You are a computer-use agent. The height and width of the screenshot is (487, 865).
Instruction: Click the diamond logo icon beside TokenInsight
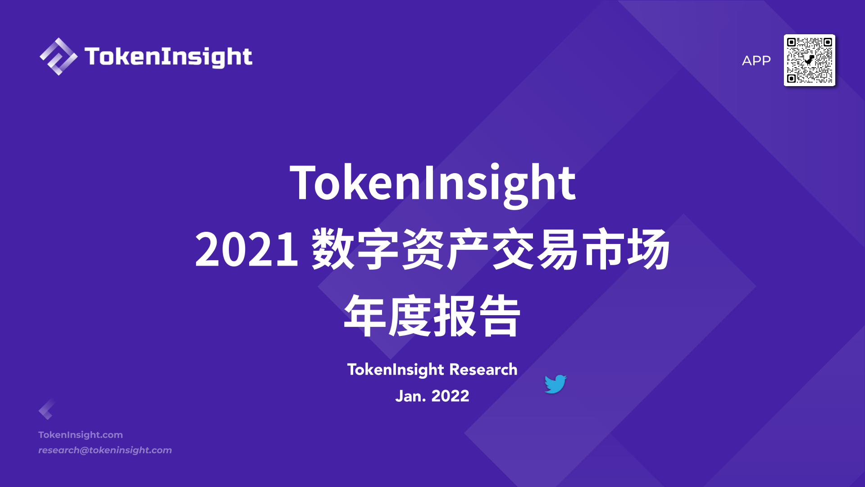coord(59,56)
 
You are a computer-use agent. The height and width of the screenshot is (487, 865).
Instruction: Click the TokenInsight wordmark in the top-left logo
coord(168,57)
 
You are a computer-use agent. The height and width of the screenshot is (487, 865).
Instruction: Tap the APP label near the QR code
coord(756,60)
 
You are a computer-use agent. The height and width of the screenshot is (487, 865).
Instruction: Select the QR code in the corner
coord(810,60)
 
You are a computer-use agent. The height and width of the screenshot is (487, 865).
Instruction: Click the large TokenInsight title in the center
coord(432,183)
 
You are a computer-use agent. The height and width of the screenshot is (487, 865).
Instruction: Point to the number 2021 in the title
coord(246,249)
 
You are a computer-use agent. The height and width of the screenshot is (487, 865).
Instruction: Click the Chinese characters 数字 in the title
coord(355,249)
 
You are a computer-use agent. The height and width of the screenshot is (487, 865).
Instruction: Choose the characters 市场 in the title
coord(626,249)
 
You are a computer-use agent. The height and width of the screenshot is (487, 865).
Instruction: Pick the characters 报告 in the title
coord(477,316)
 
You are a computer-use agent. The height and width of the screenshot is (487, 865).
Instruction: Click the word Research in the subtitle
coord(483,370)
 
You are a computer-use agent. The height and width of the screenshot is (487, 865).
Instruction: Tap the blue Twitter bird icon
coord(555,384)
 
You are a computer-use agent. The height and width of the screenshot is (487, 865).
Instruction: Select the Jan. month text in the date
coord(410,396)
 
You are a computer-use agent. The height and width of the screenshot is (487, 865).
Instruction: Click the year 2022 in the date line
coord(451,396)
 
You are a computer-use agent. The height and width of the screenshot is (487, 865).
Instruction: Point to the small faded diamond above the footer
coord(46,409)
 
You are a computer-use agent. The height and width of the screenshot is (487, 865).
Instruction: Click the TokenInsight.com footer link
coord(81,435)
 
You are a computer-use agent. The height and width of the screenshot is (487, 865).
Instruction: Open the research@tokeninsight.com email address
coord(105,450)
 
